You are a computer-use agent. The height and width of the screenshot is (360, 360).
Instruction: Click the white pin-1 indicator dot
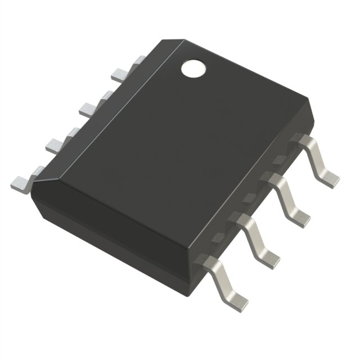point(193,68)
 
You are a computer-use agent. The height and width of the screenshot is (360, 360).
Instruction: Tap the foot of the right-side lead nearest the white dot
point(328,177)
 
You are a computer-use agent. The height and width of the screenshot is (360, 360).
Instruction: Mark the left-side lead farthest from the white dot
point(21,181)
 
